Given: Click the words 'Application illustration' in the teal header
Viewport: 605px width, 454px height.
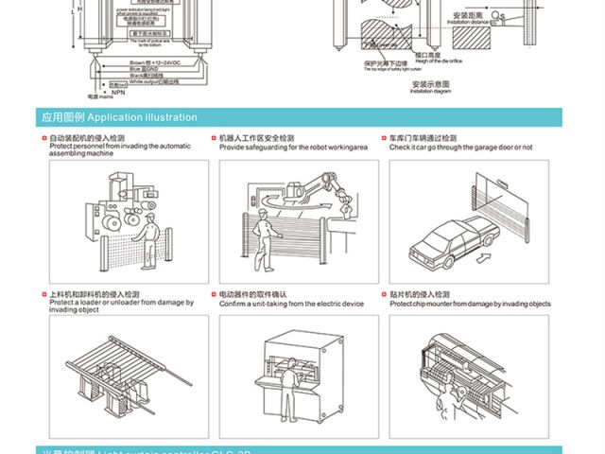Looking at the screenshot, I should [x=142, y=118].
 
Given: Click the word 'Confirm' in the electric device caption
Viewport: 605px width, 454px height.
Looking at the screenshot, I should [x=233, y=304].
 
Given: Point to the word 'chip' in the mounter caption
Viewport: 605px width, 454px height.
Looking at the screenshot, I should [x=427, y=305].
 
